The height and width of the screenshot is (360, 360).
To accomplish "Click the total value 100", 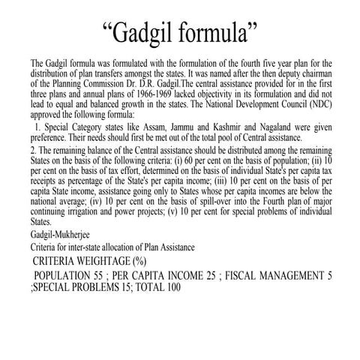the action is pyautogui.click(x=172, y=287).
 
